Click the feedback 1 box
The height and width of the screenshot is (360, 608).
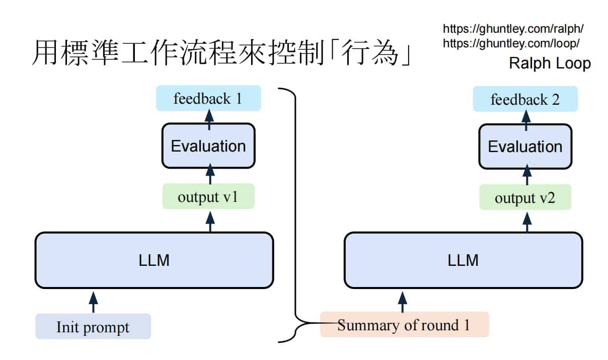[208, 98]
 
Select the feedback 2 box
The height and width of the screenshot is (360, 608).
[525, 99]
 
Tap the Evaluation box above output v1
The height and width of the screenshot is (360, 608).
[208, 146]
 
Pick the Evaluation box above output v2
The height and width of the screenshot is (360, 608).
[525, 147]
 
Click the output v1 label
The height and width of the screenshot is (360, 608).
[208, 197]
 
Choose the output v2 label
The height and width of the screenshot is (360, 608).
[525, 198]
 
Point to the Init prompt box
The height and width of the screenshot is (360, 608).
[93, 326]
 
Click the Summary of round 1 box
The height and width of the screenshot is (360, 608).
[405, 324]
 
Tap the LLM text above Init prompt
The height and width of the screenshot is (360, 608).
[154, 260]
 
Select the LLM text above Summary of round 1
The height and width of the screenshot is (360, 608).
[463, 260]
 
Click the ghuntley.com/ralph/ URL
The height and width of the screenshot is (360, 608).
[513, 29]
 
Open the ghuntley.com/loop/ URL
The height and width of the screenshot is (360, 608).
[511, 43]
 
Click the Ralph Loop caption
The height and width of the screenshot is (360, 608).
[550, 63]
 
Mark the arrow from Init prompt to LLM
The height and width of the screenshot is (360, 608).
[94, 302]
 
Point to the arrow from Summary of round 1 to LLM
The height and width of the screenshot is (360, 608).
[402, 302]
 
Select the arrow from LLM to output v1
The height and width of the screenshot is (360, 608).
[210, 222]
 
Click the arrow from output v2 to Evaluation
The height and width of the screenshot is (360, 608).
[527, 175]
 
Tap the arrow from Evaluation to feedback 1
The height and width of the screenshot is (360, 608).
[209, 120]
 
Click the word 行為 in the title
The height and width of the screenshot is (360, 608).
[369, 52]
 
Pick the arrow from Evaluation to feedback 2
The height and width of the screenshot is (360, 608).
[526, 120]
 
